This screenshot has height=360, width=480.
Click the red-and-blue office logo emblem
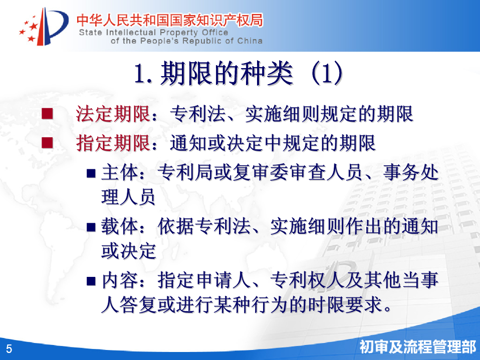[44, 27]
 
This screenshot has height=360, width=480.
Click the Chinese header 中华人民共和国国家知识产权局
[169, 20]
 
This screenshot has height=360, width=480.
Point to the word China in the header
[250, 41]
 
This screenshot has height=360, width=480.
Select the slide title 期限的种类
[226, 73]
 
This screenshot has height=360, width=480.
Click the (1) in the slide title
[327, 73]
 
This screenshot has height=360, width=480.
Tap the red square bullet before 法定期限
[47, 114]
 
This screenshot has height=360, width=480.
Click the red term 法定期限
[113, 114]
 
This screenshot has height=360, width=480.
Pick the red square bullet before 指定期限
[47, 143]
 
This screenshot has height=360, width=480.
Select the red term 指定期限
[113, 143]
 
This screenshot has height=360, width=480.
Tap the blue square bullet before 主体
[91, 173]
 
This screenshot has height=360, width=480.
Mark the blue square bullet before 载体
[91, 227]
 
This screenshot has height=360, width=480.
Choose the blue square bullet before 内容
[91, 281]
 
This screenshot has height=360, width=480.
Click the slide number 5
[9, 349]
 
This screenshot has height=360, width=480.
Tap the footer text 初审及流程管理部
[418, 347]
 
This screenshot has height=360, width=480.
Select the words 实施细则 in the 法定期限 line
[282, 114]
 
